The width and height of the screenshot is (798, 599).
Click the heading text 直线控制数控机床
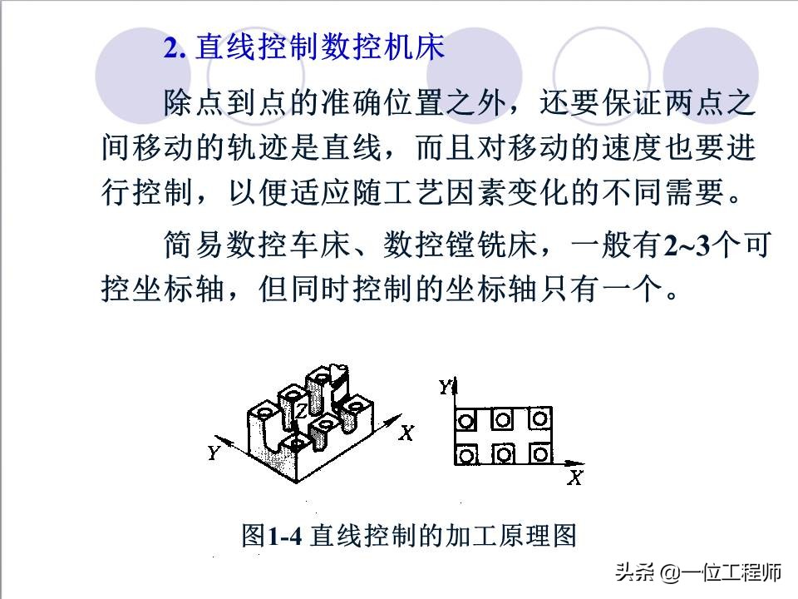pyautogui.click(x=319, y=47)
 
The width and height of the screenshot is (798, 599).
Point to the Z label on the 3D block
pyautogui.click(x=301, y=411)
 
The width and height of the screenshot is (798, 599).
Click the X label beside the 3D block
pyautogui.click(x=406, y=433)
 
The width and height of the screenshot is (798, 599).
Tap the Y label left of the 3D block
pyautogui.click(x=214, y=453)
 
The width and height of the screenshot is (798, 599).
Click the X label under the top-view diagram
pyautogui.click(x=574, y=478)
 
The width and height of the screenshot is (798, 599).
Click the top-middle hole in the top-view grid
pyautogui.click(x=504, y=418)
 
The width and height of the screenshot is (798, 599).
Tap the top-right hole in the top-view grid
pyautogui.click(x=540, y=417)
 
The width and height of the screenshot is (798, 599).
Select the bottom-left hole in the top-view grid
pyautogui.click(x=466, y=454)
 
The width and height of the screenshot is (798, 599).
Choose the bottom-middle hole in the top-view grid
pyautogui.click(x=504, y=453)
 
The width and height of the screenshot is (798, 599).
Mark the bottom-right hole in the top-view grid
pyautogui.click(x=540, y=453)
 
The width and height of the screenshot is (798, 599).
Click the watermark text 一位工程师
pyautogui.click(x=732, y=573)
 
